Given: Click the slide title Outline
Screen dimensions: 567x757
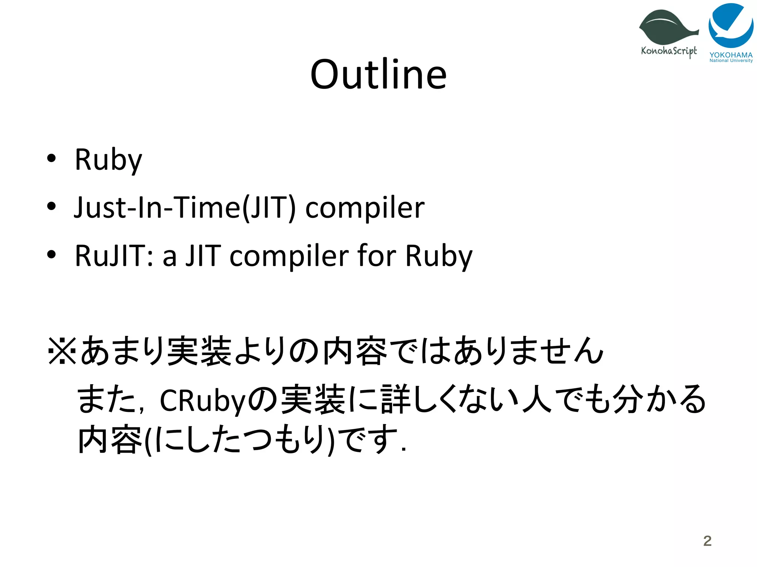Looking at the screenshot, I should pyautogui.click(x=378, y=75).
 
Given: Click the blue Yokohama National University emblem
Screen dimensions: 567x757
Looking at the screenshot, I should pyautogui.click(x=731, y=25).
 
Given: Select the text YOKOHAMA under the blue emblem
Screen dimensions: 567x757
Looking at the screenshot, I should pyautogui.click(x=731, y=55).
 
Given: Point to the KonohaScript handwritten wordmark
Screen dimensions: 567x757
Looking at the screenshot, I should pyautogui.click(x=669, y=51).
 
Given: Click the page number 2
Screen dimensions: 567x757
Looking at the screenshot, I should pyautogui.click(x=707, y=541).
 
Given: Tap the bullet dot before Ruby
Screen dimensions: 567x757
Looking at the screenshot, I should pyautogui.click(x=51, y=158).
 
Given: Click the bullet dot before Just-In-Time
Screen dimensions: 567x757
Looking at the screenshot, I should pyautogui.click(x=51, y=206).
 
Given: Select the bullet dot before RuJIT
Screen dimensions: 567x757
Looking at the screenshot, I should pyautogui.click(x=51, y=254).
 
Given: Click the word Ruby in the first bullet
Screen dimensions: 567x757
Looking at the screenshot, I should pyautogui.click(x=108, y=160).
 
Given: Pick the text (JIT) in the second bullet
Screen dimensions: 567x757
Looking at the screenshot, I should pyautogui.click(x=269, y=208).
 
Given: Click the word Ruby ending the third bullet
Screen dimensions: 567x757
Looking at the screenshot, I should pyautogui.click(x=439, y=256).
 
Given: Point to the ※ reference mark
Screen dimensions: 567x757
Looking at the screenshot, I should pyautogui.click(x=62, y=351).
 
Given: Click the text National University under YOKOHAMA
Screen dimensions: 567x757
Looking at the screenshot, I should pyautogui.click(x=731, y=61).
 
